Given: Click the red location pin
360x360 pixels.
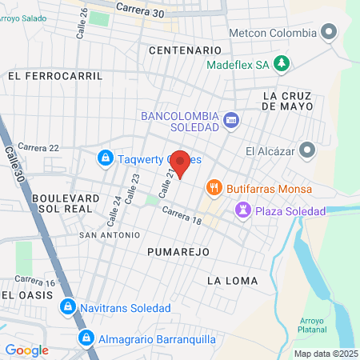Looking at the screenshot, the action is [x=181, y=163].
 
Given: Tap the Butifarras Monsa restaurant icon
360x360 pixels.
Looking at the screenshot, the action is [x=214, y=189].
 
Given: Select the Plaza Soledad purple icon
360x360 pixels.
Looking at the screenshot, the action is [x=242, y=210].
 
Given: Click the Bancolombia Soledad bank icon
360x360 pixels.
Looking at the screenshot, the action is [x=231, y=120].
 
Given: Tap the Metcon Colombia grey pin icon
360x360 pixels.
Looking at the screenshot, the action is [x=328, y=33].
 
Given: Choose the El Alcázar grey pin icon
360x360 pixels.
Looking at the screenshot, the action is [x=307, y=150].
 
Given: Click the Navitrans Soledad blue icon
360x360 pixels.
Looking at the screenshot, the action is [x=68, y=307].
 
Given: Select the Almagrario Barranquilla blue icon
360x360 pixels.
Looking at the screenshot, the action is [x=85, y=338].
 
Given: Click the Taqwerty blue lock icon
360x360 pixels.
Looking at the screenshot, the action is [x=105, y=158].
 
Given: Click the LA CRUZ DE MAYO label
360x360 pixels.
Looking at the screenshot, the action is [x=291, y=100].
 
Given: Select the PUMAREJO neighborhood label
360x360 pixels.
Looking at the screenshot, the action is [x=178, y=251].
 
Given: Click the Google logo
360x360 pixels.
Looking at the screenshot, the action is [x=26, y=350].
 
